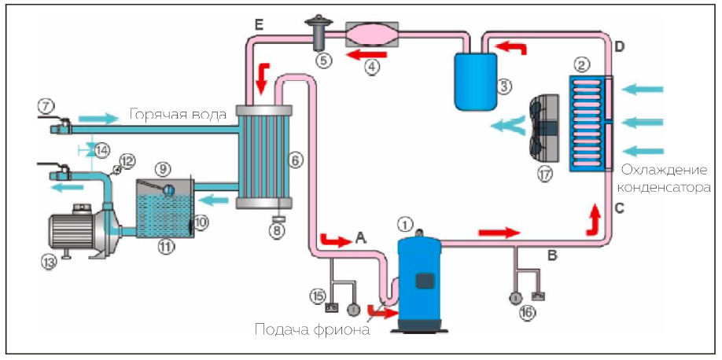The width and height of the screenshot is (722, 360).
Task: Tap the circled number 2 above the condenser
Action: [x=582, y=63]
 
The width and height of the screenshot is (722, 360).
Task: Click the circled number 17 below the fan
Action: [x=543, y=174]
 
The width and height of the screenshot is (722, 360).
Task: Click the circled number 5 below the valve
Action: [x=323, y=58]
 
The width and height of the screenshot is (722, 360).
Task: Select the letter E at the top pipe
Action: [x=259, y=26]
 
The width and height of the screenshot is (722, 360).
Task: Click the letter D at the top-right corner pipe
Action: [x=619, y=48]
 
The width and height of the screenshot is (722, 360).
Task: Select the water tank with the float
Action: [x=164, y=208]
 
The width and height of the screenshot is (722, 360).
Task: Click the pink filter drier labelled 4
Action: [x=372, y=36]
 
